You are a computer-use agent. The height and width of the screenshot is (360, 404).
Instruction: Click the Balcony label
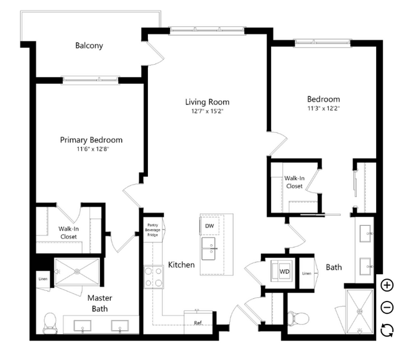pos(89,45)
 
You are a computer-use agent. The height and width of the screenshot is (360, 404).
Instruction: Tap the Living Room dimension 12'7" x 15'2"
pos(207,111)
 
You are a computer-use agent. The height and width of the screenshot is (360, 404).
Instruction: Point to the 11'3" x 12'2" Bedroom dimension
pos(323,108)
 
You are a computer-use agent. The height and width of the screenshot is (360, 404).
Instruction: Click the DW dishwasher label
pos(209,226)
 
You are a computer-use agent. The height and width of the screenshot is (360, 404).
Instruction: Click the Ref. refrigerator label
pos(198,323)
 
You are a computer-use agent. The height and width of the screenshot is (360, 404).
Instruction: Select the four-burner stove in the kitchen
pos(154,277)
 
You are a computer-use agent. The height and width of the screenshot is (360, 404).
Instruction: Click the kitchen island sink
pos(208,249)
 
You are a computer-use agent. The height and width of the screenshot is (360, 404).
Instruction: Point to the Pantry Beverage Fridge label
pos(152,230)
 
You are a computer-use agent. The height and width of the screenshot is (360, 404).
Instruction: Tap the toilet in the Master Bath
pos(50,323)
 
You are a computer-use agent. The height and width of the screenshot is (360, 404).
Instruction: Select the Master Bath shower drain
pos(77,271)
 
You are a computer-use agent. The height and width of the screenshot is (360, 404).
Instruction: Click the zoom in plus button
pos(387,285)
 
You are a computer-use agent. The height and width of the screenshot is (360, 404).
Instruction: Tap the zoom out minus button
pos(387,307)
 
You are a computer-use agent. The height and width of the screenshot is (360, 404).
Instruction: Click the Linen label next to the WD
pos(306,274)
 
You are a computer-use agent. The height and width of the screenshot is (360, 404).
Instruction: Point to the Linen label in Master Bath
pos(43,279)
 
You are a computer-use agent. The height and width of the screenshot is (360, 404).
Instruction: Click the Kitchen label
pos(181,265)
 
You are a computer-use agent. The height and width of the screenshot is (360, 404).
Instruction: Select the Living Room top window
pos(207,30)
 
